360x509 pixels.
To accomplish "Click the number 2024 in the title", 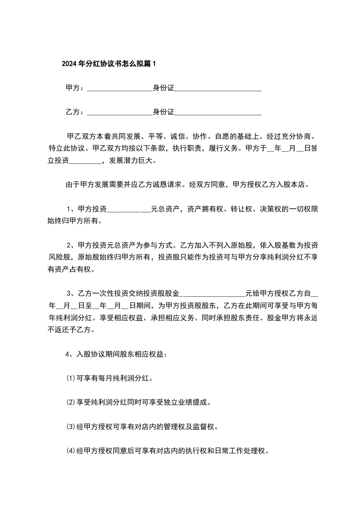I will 69,64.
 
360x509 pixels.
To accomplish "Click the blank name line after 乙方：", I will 119,112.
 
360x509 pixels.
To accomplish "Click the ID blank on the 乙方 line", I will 218,112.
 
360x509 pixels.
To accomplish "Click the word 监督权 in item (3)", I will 206,427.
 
